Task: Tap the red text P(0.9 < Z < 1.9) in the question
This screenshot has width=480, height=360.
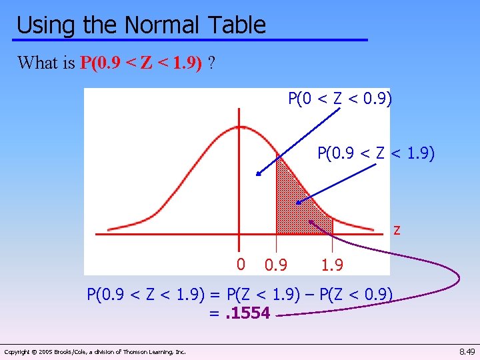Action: click(141, 63)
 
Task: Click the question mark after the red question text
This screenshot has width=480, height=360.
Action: click(211, 63)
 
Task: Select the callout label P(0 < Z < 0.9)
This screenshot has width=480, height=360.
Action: click(340, 99)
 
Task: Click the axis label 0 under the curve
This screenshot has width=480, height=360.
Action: click(241, 264)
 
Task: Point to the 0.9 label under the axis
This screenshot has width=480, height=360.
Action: click(275, 265)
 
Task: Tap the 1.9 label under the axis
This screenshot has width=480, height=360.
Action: click(331, 265)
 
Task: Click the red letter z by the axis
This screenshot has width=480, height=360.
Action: click(397, 230)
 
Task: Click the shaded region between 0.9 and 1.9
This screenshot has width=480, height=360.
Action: click(293, 207)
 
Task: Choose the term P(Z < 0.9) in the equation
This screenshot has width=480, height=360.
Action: click(357, 294)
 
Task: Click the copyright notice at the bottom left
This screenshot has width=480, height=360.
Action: click(95, 351)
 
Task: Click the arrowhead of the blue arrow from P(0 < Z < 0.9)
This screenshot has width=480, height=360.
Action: click(257, 175)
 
